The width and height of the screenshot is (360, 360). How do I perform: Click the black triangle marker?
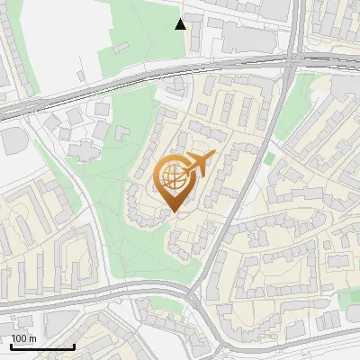coord(181,23)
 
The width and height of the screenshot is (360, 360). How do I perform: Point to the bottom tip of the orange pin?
coord(173,212)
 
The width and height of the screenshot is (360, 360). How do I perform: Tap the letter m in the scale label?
coord(32,338)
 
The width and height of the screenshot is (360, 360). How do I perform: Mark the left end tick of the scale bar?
coord(11,346)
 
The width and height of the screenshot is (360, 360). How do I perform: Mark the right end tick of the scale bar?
coord(75,346)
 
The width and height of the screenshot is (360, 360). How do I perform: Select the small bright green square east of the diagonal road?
coord(269,158)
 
